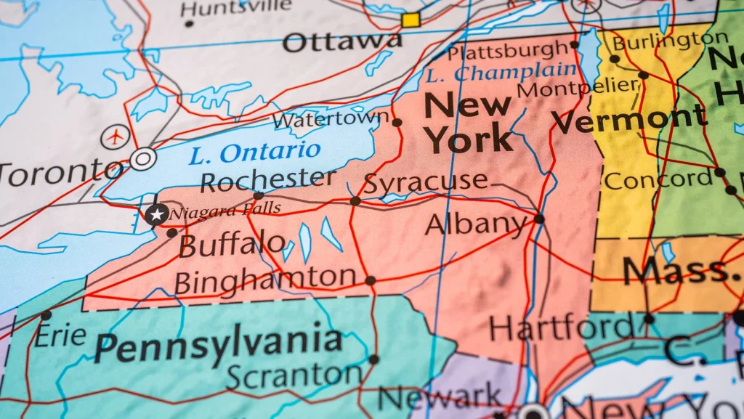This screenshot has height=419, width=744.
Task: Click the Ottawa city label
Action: [x=341, y=41]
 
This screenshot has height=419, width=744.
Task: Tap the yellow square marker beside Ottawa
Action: [x=411, y=20]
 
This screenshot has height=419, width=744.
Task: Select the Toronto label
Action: [x=61, y=172]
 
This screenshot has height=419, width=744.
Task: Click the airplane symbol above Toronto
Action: [x=115, y=136]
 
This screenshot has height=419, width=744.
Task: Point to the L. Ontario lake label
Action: [x=254, y=152]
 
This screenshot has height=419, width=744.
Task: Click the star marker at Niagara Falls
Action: [x=155, y=214]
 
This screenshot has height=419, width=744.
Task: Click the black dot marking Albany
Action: [x=538, y=219]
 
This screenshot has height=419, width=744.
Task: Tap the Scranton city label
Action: [x=294, y=375]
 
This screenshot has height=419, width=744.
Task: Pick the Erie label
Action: [x=60, y=335]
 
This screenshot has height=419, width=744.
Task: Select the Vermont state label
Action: [x=628, y=119]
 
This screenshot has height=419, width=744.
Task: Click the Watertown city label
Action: [x=331, y=118]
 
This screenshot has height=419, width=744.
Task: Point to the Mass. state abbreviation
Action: [x=679, y=271]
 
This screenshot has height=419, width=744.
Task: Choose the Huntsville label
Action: [x=236, y=9]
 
